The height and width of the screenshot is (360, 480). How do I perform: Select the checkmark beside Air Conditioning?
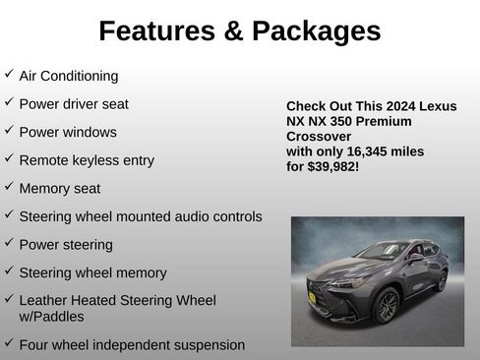[x=9, y=75]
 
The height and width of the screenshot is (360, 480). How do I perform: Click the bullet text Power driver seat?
[x=74, y=103]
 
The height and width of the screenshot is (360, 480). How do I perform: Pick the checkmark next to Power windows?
[x=9, y=131]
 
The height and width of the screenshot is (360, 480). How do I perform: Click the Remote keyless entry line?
[x=87, y=159]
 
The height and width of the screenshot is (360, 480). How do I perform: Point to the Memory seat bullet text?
[x=60, y=188]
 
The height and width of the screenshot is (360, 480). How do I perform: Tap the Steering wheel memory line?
[x=93, y=272]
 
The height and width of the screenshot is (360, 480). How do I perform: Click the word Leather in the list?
[x=45, y=301]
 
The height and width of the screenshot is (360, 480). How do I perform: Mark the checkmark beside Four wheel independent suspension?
[x=9, y=343]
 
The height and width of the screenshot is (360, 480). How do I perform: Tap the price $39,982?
[x=335, y=167]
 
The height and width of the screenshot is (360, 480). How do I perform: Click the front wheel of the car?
[x=387, y=304]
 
